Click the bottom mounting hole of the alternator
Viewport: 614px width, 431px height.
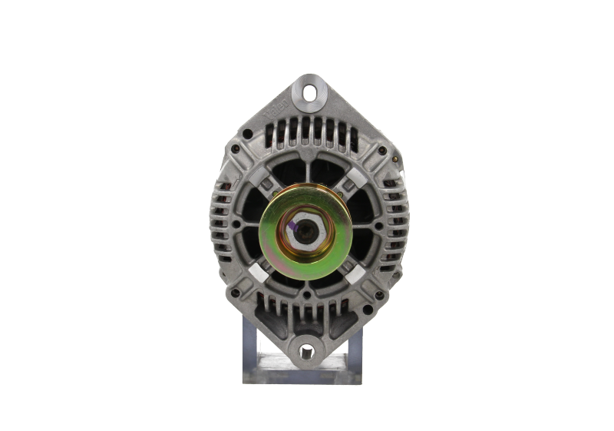(x=308, y=350)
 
